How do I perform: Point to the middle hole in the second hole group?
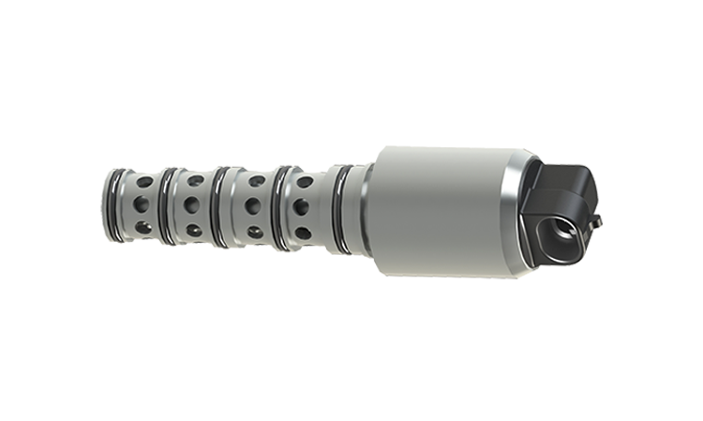click(192, 203)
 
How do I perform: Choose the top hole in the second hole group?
click(195, 180)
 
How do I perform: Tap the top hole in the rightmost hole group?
click(305, 183)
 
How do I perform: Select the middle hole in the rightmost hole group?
click(303, 207)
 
